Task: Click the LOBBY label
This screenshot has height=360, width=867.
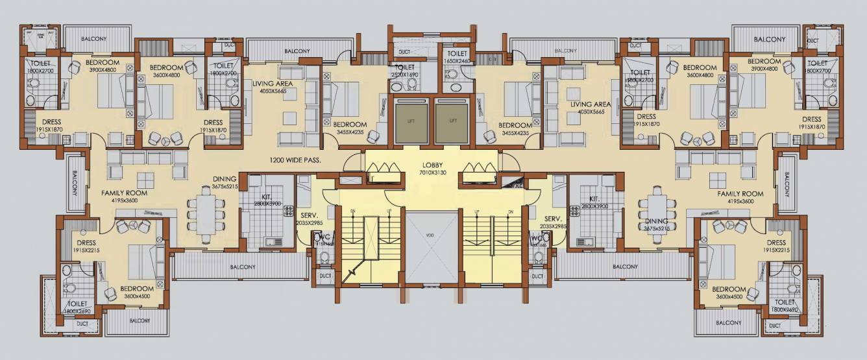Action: pyautogui.click(x=432, y=165)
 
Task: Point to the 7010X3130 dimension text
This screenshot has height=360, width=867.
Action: pyautogui.click(x=432, y=173)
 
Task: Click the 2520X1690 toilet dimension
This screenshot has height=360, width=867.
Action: pyautogui.click(x=405, y=75)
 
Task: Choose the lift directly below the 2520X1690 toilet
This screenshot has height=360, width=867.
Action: pyautogui.click(x=409, y=121)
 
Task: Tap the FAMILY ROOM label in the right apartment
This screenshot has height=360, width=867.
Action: pyautogui.click(x=740, y=193)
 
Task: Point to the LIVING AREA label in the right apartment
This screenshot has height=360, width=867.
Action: pyautogui.click(x=591, y=104)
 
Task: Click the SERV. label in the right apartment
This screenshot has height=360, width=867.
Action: pyautogui.click(x=552, y=219)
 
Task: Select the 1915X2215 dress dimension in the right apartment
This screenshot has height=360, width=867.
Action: pyautogui.click(x=776, y=250)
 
